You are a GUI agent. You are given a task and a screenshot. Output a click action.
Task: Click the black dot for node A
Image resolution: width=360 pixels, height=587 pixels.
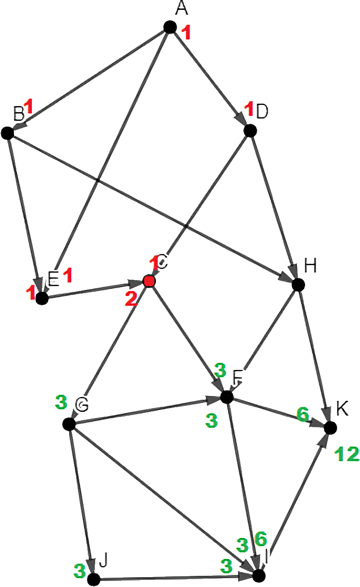point(169,27)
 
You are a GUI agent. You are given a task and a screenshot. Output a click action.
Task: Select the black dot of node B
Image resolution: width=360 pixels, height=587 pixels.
point(7,133)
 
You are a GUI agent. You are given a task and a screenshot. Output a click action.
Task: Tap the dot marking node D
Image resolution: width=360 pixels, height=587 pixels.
point(250,130)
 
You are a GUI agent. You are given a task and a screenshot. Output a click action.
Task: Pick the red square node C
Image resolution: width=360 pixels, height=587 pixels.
point(149,281)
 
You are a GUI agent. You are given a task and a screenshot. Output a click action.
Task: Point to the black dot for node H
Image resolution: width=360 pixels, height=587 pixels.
point(297,284)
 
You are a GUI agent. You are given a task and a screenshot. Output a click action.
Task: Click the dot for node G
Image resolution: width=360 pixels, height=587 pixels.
point(69,424)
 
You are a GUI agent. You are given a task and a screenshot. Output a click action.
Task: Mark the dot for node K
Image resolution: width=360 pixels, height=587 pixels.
point(330,427)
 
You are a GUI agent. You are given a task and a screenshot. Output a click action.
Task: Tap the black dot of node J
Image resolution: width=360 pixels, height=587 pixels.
point(94,580)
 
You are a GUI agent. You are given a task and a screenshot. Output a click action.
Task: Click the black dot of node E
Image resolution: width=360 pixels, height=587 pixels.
point(42,298)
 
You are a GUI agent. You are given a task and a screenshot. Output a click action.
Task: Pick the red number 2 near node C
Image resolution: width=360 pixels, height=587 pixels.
point(131,298)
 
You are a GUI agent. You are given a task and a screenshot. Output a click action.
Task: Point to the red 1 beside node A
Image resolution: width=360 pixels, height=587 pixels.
point(186,33)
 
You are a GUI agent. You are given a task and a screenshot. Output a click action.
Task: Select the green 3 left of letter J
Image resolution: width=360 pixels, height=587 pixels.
point(80,569)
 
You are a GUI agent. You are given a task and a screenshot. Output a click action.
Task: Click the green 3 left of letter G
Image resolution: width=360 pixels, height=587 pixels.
point(61,402)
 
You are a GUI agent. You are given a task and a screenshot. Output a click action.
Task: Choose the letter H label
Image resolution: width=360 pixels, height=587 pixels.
point(310,266)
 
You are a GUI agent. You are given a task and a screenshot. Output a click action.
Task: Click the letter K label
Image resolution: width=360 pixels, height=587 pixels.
point(342,410)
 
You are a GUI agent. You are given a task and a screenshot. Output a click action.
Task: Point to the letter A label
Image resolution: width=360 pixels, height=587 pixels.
point(179,8)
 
